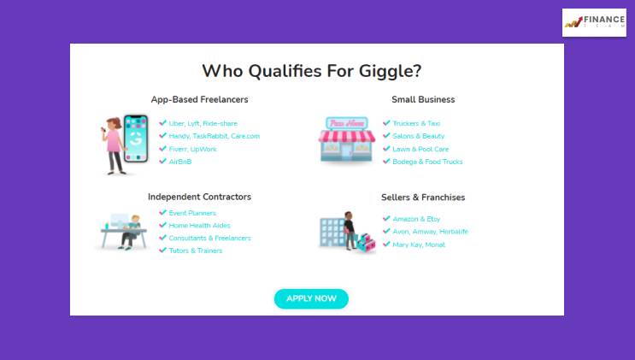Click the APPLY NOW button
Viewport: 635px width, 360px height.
311,298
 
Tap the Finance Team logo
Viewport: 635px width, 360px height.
594,23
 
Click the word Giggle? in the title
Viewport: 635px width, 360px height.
391,71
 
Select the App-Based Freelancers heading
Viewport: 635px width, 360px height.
199,100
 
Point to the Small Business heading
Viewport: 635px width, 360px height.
423,100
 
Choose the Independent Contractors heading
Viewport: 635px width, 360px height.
199,197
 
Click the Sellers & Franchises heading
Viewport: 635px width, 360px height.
423,198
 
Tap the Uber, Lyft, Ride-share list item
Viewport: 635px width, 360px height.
203,124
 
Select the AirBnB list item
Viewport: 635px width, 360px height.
180,162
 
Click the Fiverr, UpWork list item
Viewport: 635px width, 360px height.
193,149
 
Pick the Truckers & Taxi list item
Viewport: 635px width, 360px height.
416,124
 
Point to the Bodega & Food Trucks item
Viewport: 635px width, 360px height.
427,162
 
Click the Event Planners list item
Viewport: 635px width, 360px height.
192,213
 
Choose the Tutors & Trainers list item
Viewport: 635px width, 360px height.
196,251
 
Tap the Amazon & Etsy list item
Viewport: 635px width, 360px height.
416,219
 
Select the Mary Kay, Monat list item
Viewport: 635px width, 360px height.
419,245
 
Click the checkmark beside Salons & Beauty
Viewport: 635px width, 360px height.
386,136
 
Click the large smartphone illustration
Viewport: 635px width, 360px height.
136,139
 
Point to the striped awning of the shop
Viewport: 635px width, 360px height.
347,136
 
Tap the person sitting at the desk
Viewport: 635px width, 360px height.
132,232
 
